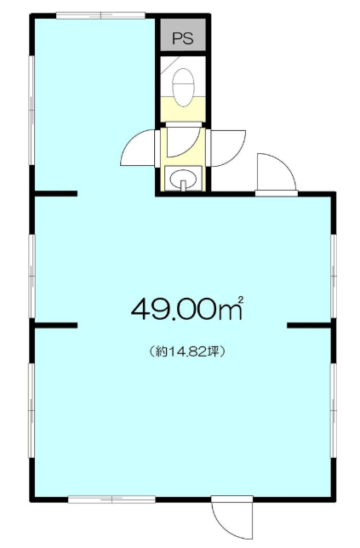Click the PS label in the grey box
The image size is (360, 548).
tap(183, 38)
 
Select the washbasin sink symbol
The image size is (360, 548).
tap(183, 178)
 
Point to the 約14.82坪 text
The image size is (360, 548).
tap(186, 351)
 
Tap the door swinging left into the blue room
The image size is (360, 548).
tap(139, 147)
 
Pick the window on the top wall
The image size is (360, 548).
tap(100, 15)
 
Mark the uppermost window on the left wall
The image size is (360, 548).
tap(31, 110)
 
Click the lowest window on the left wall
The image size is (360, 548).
tap(31, 410)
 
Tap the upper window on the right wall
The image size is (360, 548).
tap(334, 276)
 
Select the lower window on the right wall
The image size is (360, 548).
tap(334, 410)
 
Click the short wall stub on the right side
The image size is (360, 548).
tap(309, 325)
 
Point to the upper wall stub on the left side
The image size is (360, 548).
tap(56, 194)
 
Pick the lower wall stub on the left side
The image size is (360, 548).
tap(56, 325)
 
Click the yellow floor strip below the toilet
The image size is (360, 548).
tap(182, 109)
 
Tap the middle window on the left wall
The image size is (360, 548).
tap(31, 276)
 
